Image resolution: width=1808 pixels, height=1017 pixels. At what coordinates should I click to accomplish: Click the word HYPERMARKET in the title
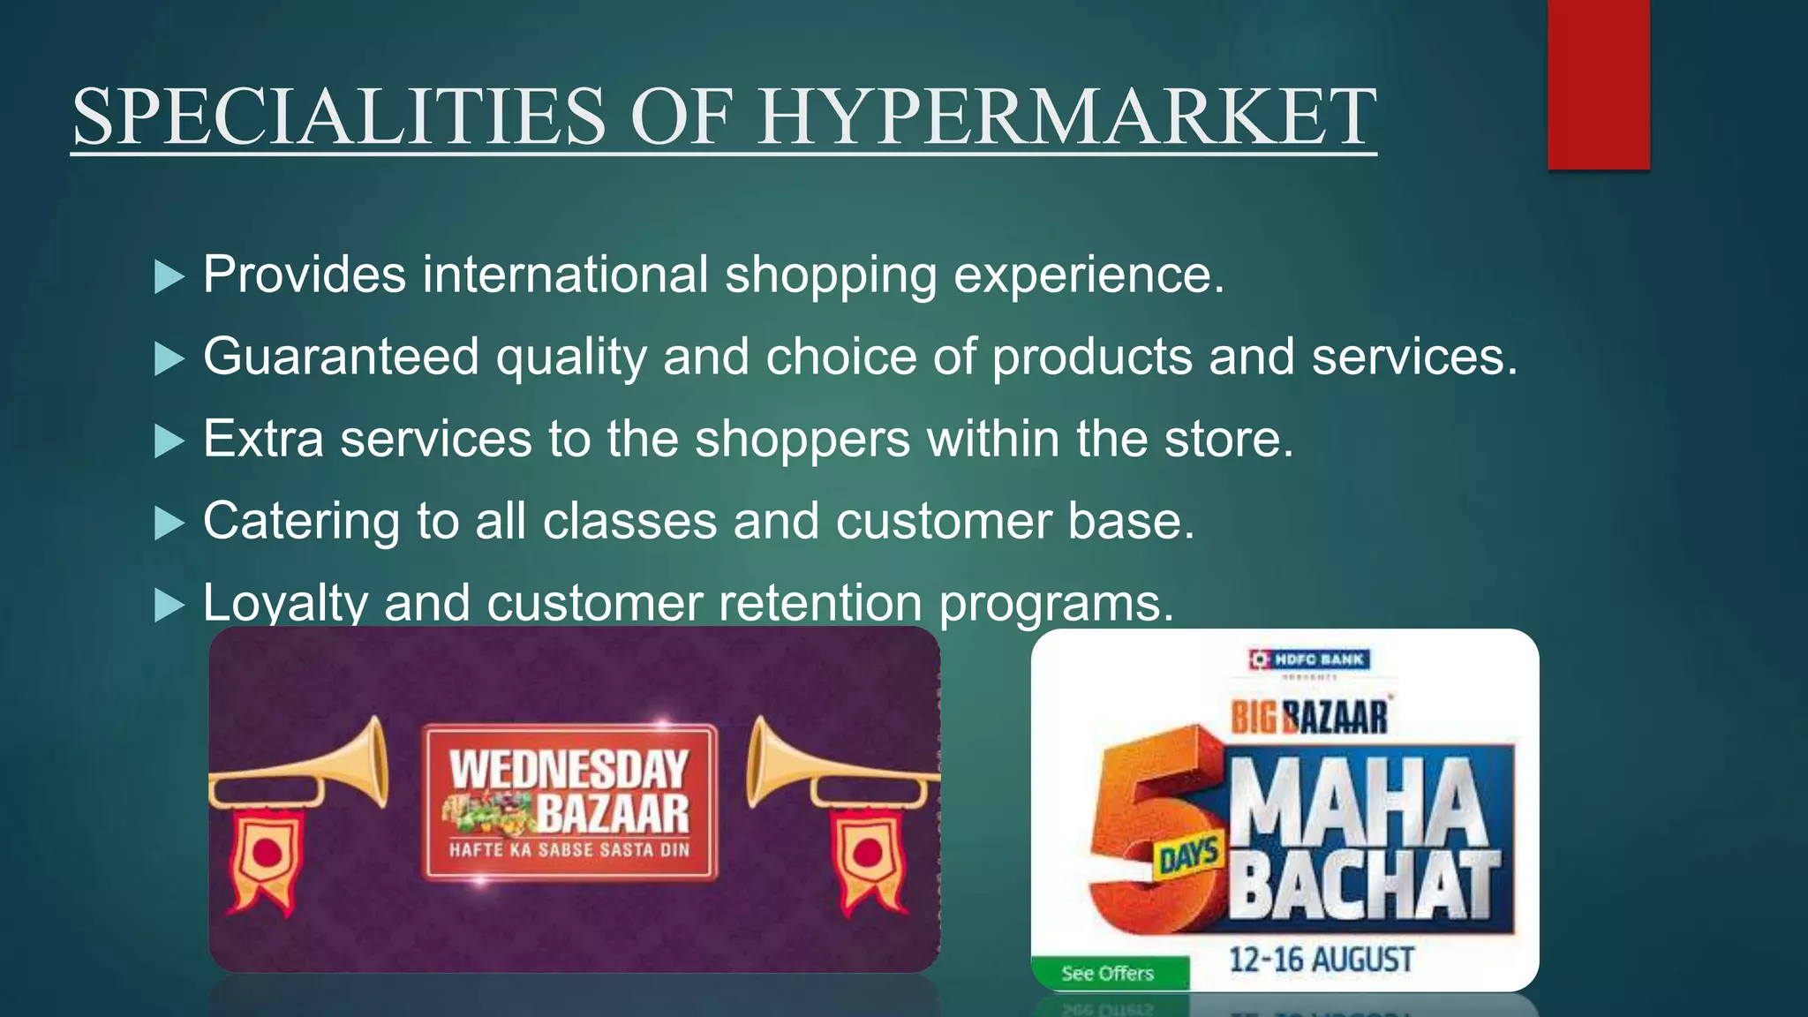pos(1066,117)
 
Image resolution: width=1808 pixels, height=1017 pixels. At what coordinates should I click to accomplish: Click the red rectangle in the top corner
pos(1598,84)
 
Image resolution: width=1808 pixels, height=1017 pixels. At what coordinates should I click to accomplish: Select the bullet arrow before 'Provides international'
pos(169,277)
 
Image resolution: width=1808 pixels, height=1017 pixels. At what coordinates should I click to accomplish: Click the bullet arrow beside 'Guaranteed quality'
pos(169,359)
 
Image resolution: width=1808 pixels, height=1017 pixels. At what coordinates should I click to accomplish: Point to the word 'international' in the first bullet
pos(565,275)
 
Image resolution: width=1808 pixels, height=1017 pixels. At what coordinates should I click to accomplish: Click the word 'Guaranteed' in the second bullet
pos(341,358)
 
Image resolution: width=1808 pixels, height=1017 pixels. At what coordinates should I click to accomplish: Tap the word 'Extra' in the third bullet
pos(263,439)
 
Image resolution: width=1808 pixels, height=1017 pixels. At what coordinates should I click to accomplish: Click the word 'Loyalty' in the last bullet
pos(284,604)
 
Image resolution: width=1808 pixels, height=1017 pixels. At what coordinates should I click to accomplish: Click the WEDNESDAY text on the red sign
pos(569,768)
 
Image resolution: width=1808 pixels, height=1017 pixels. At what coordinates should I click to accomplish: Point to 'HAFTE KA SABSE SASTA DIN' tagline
pos(569,850)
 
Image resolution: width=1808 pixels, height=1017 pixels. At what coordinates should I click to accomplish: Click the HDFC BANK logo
pos(1309,659)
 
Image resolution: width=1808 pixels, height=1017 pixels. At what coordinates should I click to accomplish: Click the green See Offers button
pos(1108,973)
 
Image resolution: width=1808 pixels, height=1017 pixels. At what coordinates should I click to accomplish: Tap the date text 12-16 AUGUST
pos(1322,960)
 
